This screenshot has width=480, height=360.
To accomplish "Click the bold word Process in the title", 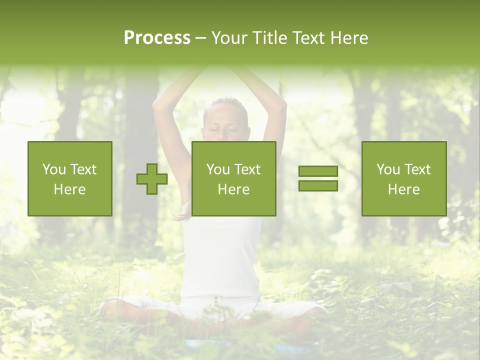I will tap(157, 38).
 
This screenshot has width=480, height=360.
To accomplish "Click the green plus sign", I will tap(152, 179).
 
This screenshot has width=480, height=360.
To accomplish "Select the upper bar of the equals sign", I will tap(318, 171).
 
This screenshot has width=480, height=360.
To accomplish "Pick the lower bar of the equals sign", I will tap(318, 186).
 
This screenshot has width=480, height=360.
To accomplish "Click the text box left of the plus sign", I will tap(70, 179).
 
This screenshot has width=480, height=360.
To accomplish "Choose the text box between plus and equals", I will tap(234, 179).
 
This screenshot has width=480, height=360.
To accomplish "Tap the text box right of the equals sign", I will tap(404, 179).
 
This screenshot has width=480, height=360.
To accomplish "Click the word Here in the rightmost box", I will tap(404, 189).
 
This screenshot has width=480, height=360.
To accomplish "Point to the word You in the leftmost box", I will tap(54, 169).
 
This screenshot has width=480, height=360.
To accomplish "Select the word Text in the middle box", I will tap(247, 169).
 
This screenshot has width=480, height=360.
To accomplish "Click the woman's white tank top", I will tap(220, 260).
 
